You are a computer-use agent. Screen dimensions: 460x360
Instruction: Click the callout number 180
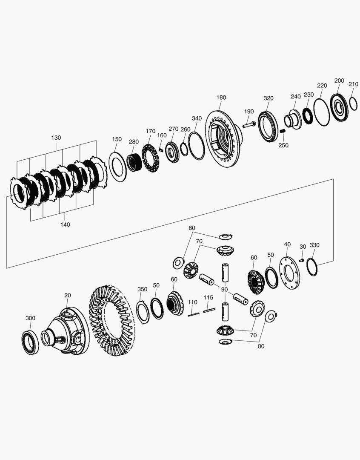click(221, 98)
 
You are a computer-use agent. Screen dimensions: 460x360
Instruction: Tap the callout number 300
click(30, 318)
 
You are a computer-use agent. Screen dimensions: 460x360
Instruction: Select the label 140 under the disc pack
click(65, 224)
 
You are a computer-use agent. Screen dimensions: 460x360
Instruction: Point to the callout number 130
click(56, 138)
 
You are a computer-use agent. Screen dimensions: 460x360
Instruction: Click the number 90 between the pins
click(225, 289)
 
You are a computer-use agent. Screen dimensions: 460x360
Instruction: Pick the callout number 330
click(314, 245)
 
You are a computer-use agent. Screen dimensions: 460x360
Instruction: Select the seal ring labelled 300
click(30, 342)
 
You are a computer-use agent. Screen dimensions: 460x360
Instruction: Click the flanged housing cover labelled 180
click(223, 139)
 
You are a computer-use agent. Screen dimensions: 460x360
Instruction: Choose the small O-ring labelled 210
click(353, 103)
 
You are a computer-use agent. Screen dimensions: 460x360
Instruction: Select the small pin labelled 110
click(193, 314)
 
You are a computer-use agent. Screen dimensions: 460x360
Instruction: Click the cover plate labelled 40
click(289, 271)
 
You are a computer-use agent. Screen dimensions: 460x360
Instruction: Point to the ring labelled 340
click(196, 146)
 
